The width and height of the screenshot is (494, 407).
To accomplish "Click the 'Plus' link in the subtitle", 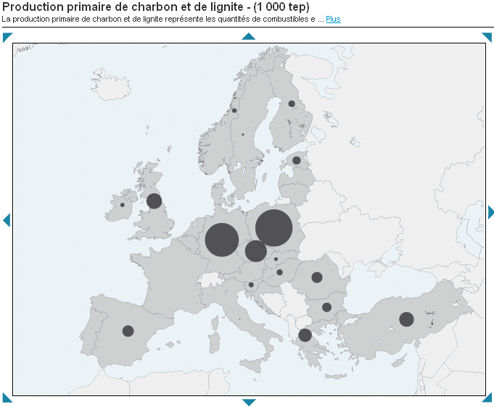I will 333,19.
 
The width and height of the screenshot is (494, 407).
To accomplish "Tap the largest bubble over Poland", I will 273,227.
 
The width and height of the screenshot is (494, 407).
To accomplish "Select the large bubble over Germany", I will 222,240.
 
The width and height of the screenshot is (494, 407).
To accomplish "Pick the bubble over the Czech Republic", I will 255,251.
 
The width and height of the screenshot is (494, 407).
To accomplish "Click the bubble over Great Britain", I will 154,201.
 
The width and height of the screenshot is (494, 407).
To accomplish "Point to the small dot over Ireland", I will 122,205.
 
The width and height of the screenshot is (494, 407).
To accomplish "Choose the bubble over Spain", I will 128,331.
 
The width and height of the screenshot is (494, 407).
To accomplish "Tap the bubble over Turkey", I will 406,319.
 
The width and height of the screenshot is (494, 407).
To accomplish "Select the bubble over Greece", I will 305,335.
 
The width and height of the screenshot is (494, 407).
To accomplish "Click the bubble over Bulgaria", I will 326,307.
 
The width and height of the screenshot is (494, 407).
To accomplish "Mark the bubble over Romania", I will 317,277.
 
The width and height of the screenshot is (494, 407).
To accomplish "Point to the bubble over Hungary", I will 279,272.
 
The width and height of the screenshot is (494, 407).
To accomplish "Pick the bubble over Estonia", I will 296,161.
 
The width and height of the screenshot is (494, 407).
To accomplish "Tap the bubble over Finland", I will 292,104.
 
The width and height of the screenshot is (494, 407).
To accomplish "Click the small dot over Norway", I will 234,111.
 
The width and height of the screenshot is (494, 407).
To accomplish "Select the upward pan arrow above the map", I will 249,36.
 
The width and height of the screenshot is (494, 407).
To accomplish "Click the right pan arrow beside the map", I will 490,212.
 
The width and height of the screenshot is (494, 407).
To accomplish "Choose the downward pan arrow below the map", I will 249,402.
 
